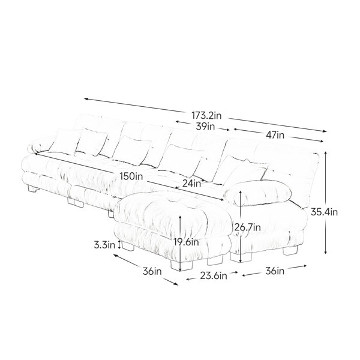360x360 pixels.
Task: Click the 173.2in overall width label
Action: pyautogui.click(x=206, y=115)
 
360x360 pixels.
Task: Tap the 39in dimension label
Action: pyautogui.click(x=205, y=126)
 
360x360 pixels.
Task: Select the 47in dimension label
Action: pyautogui.click(x=275, y=135)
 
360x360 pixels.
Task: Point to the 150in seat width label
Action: pyautogui.click(x=131, y=176)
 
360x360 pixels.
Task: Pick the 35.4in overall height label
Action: pyautogui.click(x=324, y=212)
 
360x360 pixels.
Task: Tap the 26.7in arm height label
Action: pyautogui.click(x=247, y=227)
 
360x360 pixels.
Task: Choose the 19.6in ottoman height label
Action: pyautogui.click(x=186, y=242)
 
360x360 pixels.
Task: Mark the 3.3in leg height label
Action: pyautogui.click(x=104, y=245)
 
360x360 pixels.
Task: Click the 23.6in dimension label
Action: pyautogui.click(x=214, y=276)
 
